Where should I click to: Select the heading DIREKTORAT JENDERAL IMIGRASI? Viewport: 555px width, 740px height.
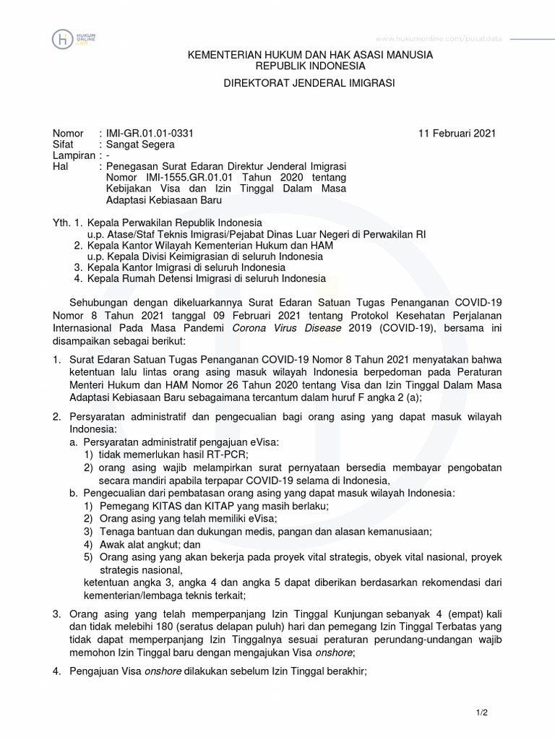308,85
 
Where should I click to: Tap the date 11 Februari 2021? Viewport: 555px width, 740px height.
457,134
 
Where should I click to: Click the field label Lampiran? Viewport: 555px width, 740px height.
74,155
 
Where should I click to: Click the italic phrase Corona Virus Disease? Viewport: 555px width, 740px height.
277,330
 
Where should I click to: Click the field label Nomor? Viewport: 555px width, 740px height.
69,134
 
